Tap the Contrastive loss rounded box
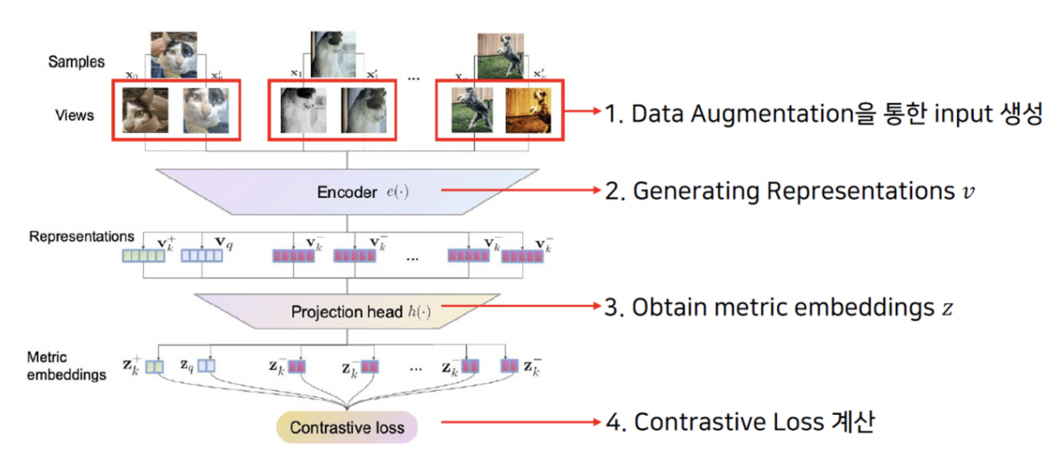pyautogui.click(x=347, y=428)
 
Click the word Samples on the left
pyautogui.click(x=76, y=62)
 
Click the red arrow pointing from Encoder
pyautogui.click(x=521, y=191)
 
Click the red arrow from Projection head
pyautogui.click(x=521, y=306)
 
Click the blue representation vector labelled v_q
pyautogui.click(x=200, y=256)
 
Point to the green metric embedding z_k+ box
pyautogui.click(x=155, y=366)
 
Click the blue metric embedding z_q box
pyautogui.click(x=207, y=366)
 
